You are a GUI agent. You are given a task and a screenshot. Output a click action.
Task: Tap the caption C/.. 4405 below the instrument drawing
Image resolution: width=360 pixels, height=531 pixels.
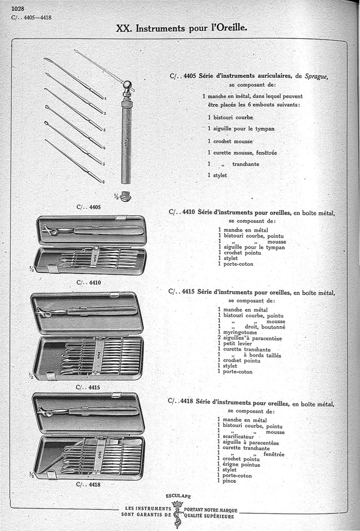pyautogui.click(x=89, y=207)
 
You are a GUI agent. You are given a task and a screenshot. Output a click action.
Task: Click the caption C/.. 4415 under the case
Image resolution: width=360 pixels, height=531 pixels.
pyautogui.click(x=88, y=387)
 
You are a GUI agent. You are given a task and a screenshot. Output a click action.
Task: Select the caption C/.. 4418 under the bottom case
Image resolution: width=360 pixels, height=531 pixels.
pyautogui.click(x=88, y=485)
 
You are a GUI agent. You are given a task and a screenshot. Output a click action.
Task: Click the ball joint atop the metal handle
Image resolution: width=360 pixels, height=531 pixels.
pyautogui.click(x=127, y=84)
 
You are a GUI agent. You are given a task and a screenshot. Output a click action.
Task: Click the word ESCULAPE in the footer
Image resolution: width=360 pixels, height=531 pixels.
pyautogui.click(x=179, y=496)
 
